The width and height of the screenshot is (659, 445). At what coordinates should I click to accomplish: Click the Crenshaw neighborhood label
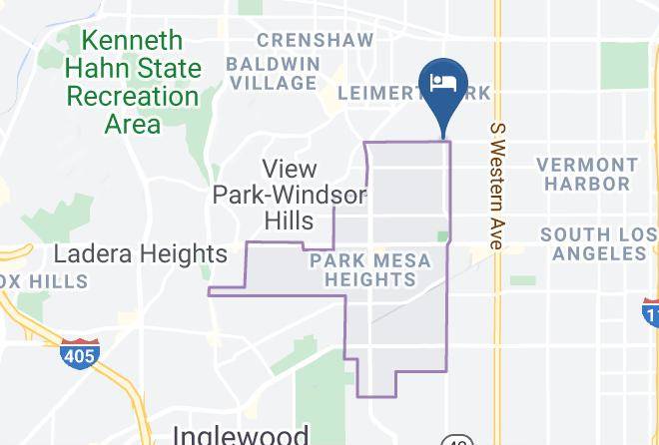tap(316, 41)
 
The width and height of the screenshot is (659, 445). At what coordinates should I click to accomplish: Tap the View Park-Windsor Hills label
tap(289, 195)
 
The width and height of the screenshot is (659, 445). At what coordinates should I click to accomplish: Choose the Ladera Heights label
tap(141, 253)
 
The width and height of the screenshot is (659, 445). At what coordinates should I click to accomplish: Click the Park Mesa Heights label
tap(369, 270)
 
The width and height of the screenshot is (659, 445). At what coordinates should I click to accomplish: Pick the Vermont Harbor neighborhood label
tap(587, 174)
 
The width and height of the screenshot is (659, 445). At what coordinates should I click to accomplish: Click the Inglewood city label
tap(241, 435)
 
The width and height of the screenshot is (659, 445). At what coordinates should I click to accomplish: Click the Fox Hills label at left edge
tap(40, 282)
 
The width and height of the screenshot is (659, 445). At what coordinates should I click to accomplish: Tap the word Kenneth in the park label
tap(135, 41)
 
